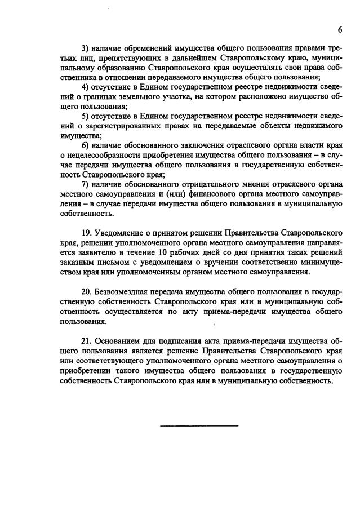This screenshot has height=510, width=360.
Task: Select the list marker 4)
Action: pos(86,87)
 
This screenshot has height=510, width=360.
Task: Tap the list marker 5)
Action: pos(86,116)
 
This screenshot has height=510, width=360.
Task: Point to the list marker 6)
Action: pos(86,144)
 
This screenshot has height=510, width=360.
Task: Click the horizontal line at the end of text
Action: pos(199,425)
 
